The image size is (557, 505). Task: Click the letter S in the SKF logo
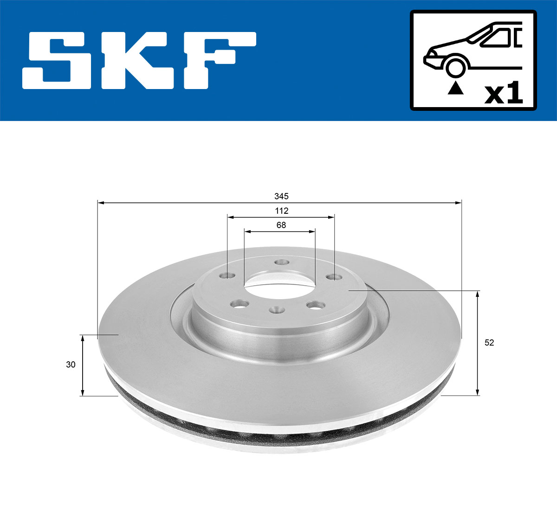tap(58, 60)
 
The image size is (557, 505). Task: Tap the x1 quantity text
tap(504, 94)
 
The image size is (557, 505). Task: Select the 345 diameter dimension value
tap(281, 197)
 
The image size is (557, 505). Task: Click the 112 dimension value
tap(281, 211)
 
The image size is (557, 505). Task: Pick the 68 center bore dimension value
tap(281, 225)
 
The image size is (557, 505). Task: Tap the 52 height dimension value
tap(489, 343)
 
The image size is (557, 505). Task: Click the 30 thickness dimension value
tap(71, 364)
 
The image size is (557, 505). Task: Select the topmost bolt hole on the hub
tap(280, 262)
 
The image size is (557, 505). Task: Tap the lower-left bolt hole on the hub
tap(240, 304)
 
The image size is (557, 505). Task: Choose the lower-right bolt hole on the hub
tap(317, 305)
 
